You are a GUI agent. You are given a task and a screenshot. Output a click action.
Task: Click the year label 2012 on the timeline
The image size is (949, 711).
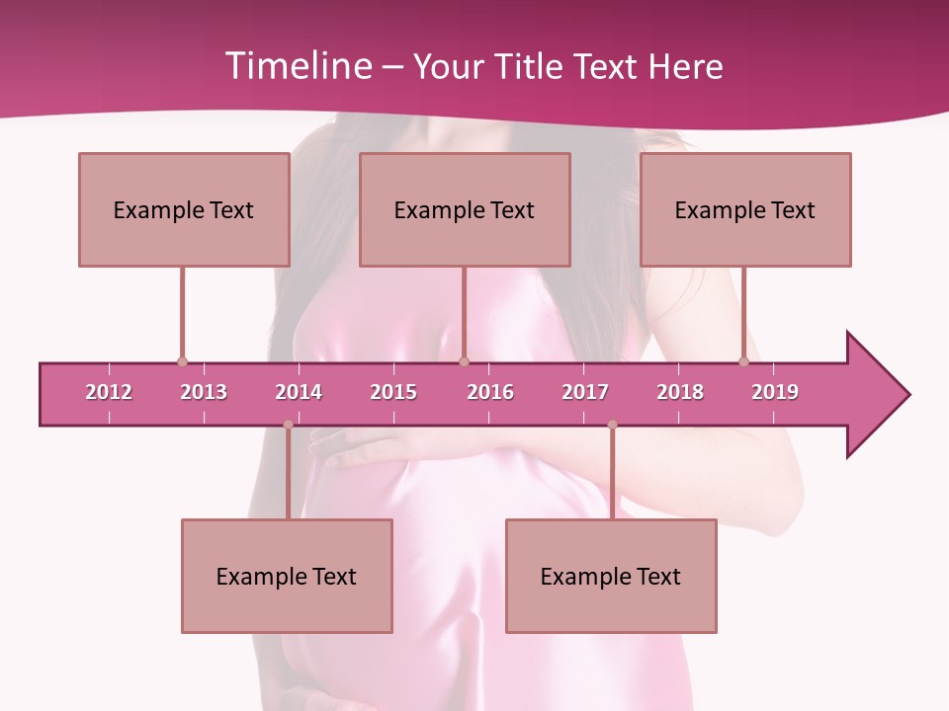coord(109,392)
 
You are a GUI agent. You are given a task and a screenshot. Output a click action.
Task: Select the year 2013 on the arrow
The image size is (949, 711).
coord(204,392)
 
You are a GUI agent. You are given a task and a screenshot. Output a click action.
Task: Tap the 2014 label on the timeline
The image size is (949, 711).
coord(299,392)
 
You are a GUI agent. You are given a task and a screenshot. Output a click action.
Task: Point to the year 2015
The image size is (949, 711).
coord(393,392)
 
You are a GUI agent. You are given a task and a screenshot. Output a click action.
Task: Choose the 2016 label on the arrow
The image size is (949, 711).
coord(490,392)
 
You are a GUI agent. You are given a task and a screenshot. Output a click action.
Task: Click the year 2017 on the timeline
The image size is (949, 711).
coord(585,392)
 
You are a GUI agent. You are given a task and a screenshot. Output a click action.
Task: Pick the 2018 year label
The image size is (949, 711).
coord(680,392)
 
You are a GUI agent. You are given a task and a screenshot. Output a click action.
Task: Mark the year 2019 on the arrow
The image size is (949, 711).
coord(775,392)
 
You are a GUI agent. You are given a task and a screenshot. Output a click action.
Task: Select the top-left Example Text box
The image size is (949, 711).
coord(184,209)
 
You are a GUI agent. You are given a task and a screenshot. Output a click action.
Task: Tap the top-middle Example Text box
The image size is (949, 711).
coord(465,209)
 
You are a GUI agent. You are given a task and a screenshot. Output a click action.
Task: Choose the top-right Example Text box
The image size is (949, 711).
coord(745,209)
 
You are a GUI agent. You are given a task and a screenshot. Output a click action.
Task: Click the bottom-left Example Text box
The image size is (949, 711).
coord(287,576)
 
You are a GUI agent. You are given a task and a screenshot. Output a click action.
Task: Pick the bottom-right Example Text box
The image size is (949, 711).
coord(611,576)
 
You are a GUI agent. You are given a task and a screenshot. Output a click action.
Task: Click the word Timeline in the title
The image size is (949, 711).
coord(297,66)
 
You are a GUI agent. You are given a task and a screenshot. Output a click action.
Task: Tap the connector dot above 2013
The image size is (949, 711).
coord(182,361)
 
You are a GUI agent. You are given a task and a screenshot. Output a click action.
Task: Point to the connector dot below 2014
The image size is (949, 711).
coord(288,425)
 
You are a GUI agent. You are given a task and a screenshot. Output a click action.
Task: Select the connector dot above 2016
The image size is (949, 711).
coord(465,361)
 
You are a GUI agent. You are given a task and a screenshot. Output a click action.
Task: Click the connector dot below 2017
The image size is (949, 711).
coord(612,425)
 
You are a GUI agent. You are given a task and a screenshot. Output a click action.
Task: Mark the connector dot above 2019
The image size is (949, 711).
coord(744,361)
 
